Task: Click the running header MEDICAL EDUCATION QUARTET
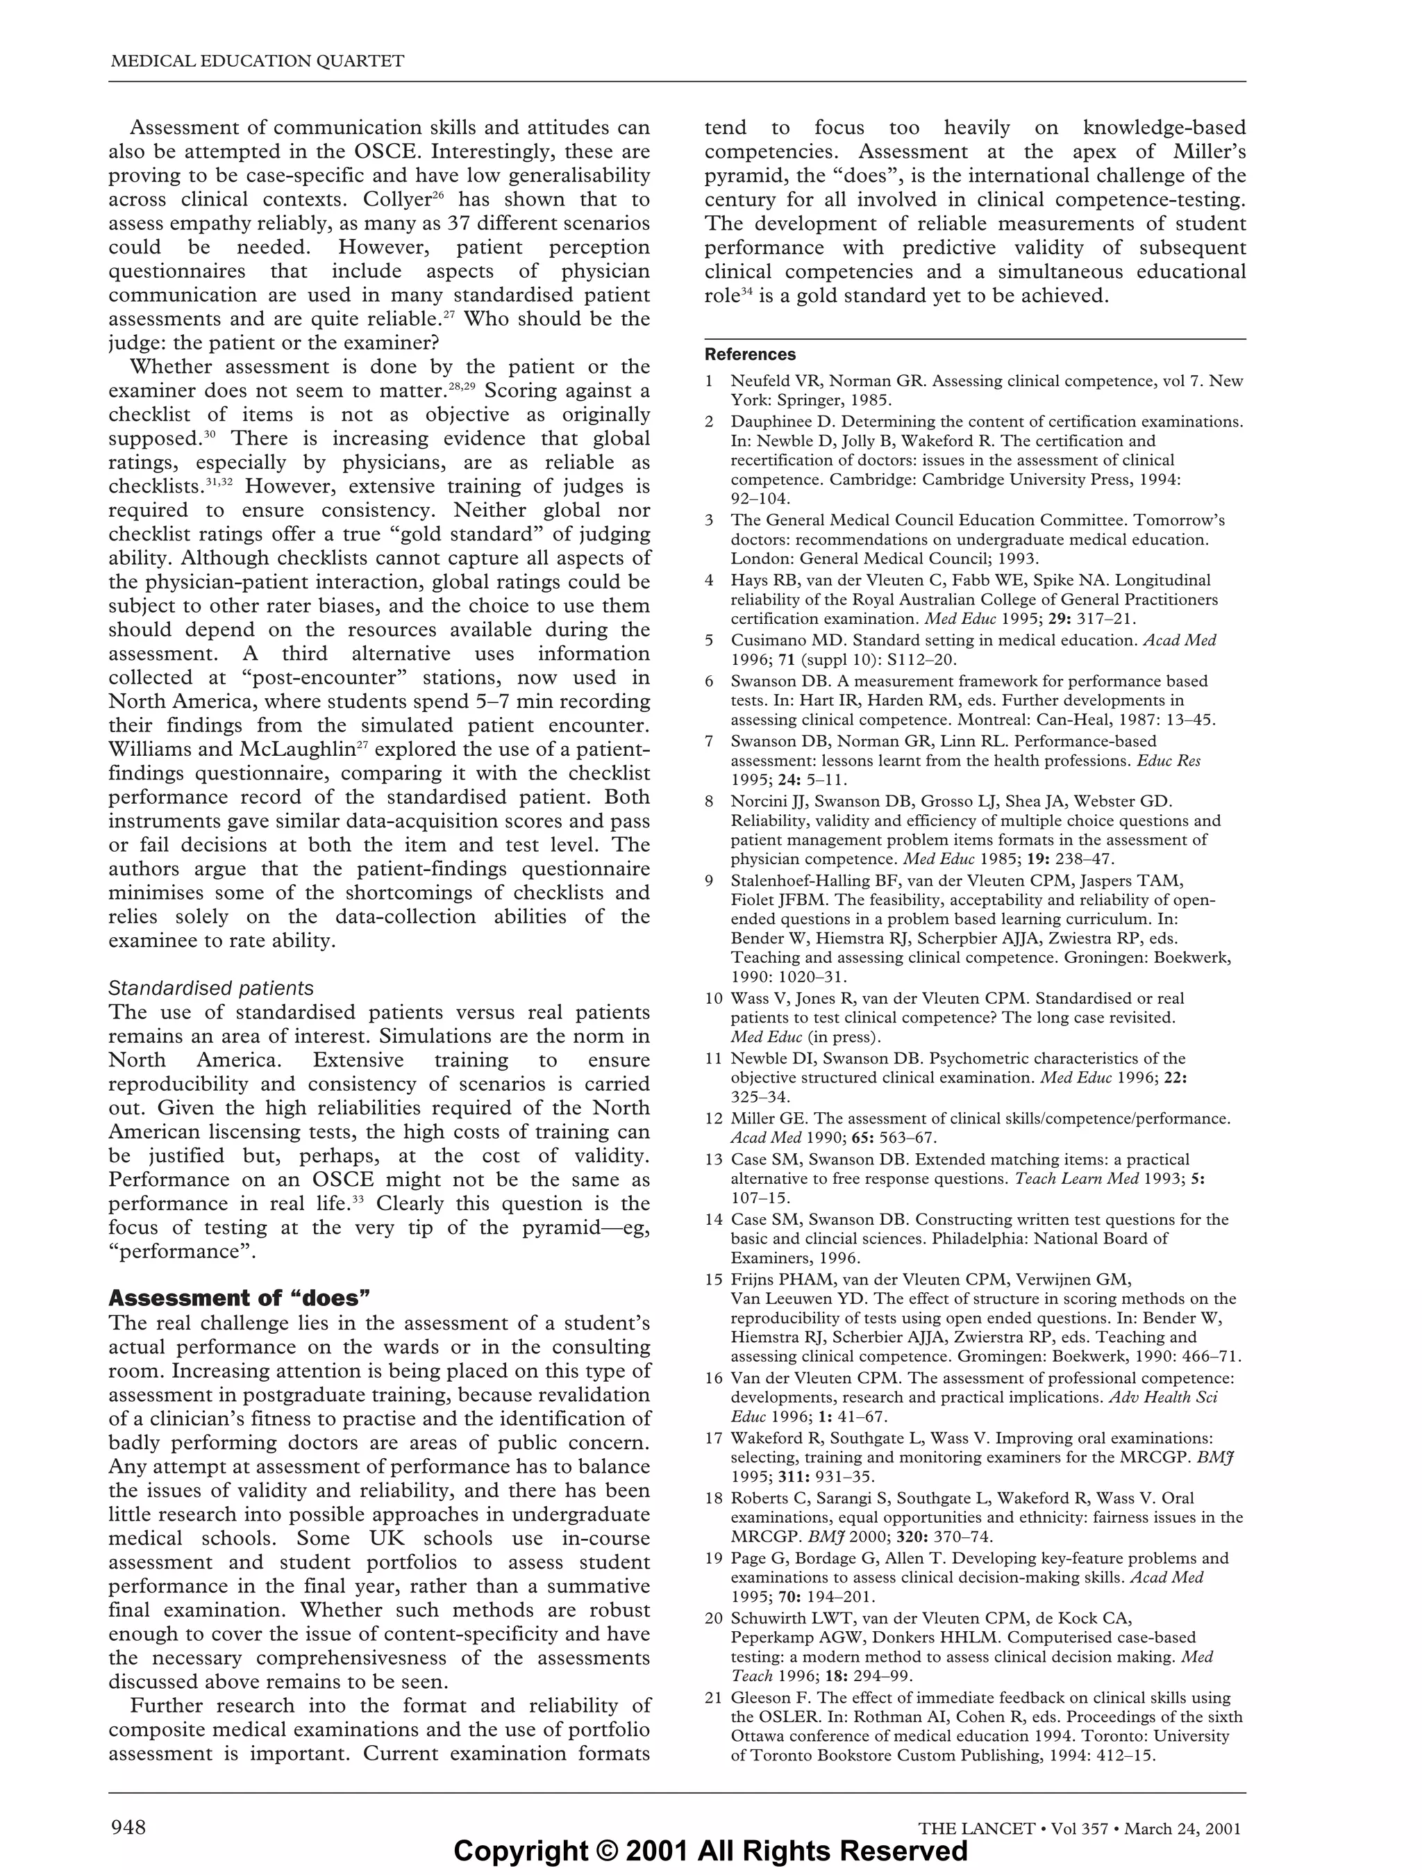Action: click(x=258, y=61)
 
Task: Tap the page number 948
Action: click(x=129, y=1826)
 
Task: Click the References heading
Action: click(x=750, y=354)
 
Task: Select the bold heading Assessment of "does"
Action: click(x=240, y=1298)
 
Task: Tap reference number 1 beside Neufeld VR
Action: click(x=710, y=381)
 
